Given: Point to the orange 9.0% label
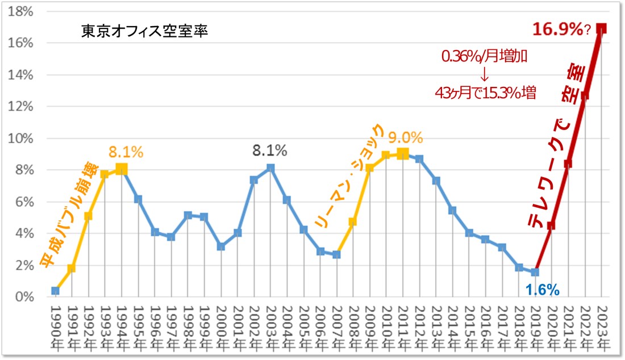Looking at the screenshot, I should pyautogui.click(x=405, y=137).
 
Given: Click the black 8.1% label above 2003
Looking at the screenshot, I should pyautogui.click(x=270, y=150).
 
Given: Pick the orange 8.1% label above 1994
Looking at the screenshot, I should pyautogui.click(x=126, y=152).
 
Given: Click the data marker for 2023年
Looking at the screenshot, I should pyautogui.click(x=602, y=28).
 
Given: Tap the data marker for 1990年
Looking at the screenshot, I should pyautogui.click(x=55, y=291).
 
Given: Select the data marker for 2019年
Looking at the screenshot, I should pyautogui.click(x=535, y=272).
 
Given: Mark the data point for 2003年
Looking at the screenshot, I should pyautogui.click(x=270, y=168).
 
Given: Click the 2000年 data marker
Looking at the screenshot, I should pyautogui.click(x=221, y=246).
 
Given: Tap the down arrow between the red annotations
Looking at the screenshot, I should pyautogui.click(x=484, y=75).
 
